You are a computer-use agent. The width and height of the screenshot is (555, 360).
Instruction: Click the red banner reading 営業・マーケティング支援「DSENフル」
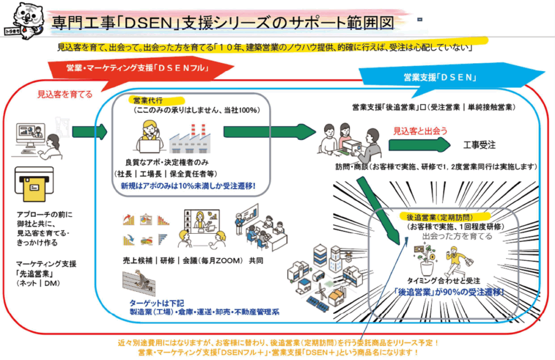139,68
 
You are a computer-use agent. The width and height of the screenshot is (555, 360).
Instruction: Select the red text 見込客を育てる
64,94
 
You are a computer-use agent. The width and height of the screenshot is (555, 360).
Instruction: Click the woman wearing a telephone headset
150,137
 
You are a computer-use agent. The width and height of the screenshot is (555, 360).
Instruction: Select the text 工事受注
480,145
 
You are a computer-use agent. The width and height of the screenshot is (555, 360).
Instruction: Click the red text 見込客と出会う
420,131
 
